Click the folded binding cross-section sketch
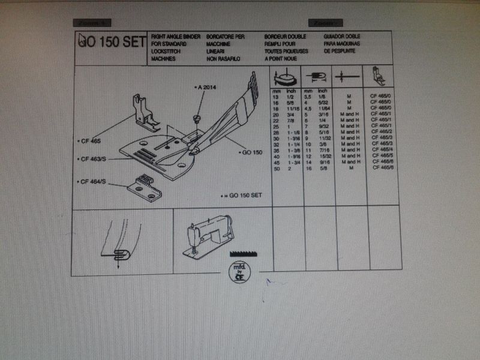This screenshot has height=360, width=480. (119, 240)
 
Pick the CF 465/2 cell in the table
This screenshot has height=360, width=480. (382, 131)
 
